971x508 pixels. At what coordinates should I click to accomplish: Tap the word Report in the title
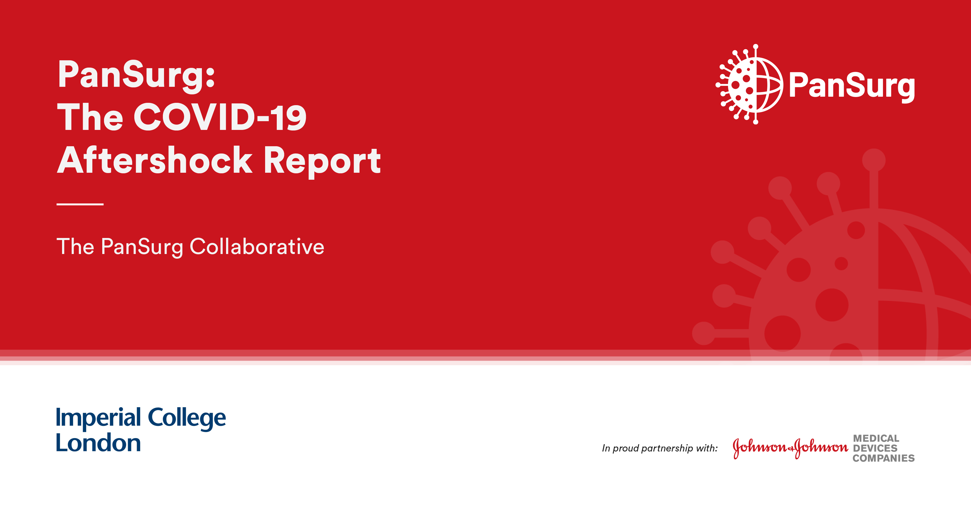point(322,162)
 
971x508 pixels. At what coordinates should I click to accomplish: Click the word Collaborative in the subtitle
point(257,246)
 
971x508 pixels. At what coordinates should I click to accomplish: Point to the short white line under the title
point(80,204)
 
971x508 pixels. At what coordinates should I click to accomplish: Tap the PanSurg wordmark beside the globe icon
point(852,87)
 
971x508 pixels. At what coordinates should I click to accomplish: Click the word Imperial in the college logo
point(98,418)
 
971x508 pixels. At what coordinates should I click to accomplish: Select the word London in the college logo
point(98,443)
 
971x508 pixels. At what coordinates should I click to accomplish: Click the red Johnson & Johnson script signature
point(790,448)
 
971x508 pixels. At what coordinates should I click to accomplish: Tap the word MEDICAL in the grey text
point(876,438)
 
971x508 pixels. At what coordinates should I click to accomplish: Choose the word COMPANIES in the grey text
point(884,458)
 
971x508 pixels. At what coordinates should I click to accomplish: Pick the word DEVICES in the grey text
point(875,449)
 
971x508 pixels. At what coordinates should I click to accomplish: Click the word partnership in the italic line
point(667,449)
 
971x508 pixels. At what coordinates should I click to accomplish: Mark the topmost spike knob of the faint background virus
point(874,160)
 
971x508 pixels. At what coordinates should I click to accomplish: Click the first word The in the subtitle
point(75,246)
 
